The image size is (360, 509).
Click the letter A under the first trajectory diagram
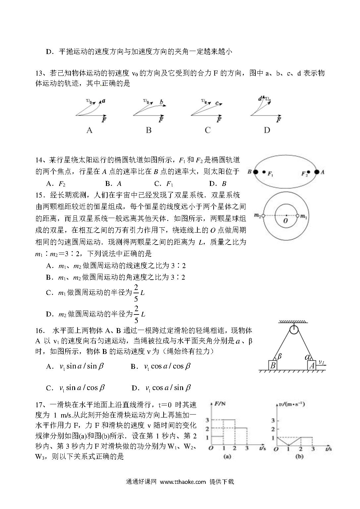(89, 130)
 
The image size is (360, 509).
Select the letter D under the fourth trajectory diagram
(267, 130)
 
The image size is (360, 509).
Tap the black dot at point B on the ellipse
(256, 172)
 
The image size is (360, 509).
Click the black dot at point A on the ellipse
(317, 172)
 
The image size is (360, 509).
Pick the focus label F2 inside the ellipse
(304, 173)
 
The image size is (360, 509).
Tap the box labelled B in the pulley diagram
(273, 366)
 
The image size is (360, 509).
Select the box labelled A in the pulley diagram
(312, 366)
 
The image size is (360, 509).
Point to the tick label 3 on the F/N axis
(207, 420)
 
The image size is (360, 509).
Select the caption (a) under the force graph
(228, 457)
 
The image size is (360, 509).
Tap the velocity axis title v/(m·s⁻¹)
(292, 404)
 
